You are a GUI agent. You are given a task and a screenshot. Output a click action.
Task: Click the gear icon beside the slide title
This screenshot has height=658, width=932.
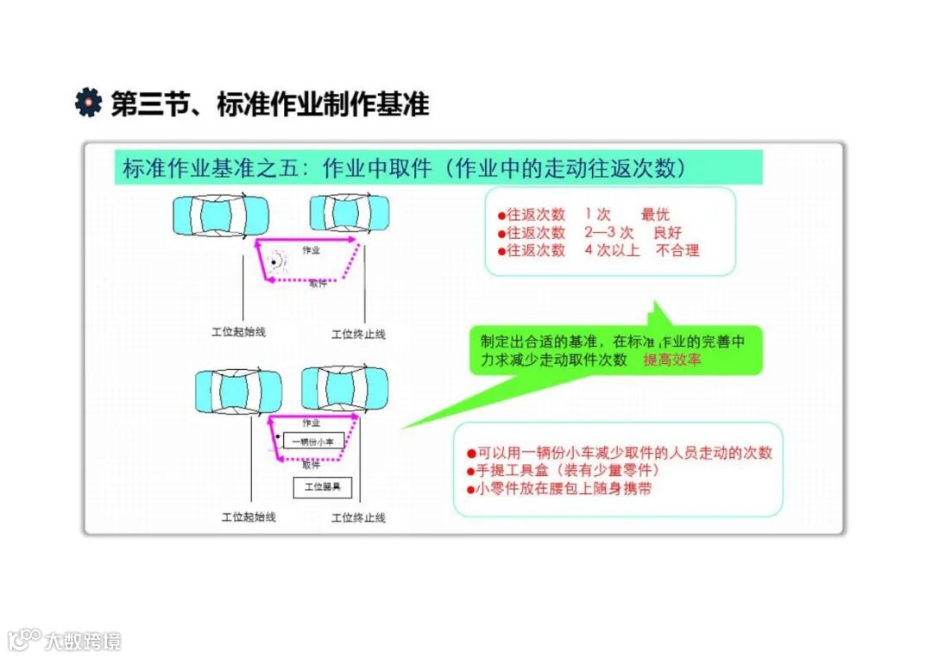[x=88, y=103]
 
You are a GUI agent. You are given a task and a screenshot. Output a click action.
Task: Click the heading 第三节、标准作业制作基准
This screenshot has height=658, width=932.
[x=270, y=104]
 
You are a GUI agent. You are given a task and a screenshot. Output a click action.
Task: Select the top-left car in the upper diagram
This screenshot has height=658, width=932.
[x=220, y=215]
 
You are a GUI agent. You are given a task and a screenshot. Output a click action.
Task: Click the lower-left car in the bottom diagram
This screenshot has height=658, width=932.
[x=238, y=390]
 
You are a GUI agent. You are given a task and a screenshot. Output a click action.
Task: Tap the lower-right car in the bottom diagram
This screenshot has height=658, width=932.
[x=344, y=388]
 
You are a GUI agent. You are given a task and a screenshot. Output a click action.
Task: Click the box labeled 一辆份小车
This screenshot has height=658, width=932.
[x=312, y=442]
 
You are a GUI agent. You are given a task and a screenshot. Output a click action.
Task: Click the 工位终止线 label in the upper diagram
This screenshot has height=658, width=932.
[x=358, y=334]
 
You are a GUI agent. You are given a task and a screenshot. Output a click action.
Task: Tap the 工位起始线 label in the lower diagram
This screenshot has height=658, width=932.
[x=249, y=517]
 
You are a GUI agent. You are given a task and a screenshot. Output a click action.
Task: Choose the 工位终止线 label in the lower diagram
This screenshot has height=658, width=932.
[x=358, y=517]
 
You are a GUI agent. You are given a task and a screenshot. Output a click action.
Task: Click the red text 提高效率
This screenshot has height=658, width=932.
[x=672, y=360]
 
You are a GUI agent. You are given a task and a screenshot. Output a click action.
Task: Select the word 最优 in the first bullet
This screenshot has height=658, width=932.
[x=655, y=214]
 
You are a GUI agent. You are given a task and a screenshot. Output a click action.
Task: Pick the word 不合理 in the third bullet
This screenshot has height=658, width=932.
[x=677, y=250]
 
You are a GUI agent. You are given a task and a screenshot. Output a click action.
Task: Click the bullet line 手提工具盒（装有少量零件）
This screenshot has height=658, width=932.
[x=563, y=471]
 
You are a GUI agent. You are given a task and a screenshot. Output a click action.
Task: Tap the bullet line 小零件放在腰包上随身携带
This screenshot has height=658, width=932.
[x=558, y=489]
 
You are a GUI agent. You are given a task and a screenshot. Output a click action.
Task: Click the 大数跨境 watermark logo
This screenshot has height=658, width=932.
[x=64, y=640]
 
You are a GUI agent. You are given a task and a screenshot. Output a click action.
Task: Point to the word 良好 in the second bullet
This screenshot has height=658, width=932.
[x=666, y=232]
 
